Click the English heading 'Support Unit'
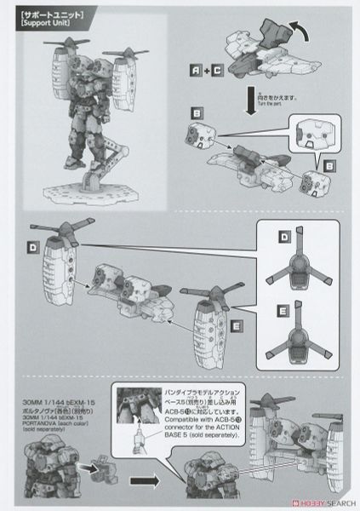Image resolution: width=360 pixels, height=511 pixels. [x=46, y=23]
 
